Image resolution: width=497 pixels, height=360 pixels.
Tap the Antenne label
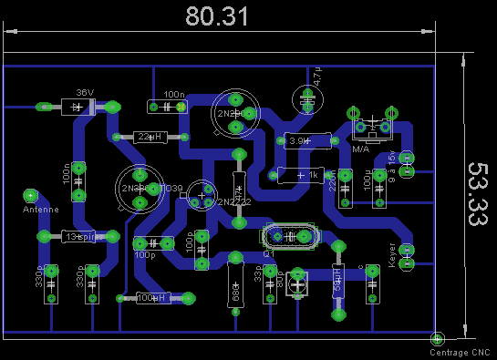[41, 209]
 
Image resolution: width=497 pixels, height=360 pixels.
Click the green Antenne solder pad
[30, 194]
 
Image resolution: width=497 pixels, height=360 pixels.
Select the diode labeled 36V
[79, 107]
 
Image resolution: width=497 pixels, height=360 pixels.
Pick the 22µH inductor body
[149, 137]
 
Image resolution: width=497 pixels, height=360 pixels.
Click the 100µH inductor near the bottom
[152, 297]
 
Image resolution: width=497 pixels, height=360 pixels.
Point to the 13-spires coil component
[79, 236]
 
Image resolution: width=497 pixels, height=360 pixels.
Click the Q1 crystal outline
[291, 236]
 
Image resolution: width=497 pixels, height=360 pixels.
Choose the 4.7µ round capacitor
[303, 98]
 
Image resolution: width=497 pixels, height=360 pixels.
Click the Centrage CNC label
[460, 352]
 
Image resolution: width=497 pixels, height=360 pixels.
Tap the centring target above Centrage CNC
[437, 339]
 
